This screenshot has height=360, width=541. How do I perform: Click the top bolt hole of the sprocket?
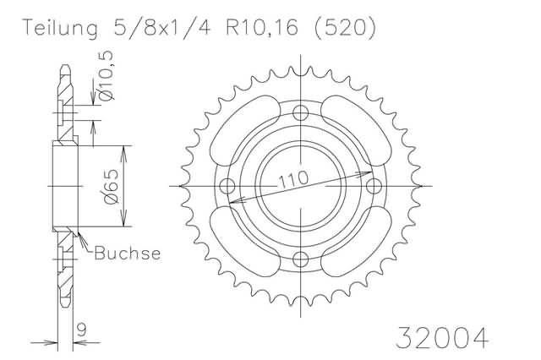click(x=299, y=113)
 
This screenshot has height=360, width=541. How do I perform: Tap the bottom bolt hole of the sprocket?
click(x=299, y=259)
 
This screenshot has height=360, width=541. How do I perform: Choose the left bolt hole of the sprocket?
click(x=226, y=186)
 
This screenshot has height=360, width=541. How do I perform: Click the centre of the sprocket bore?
click(x=299, y=186)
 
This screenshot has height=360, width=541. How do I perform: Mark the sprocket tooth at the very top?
click(x=299, y=70)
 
